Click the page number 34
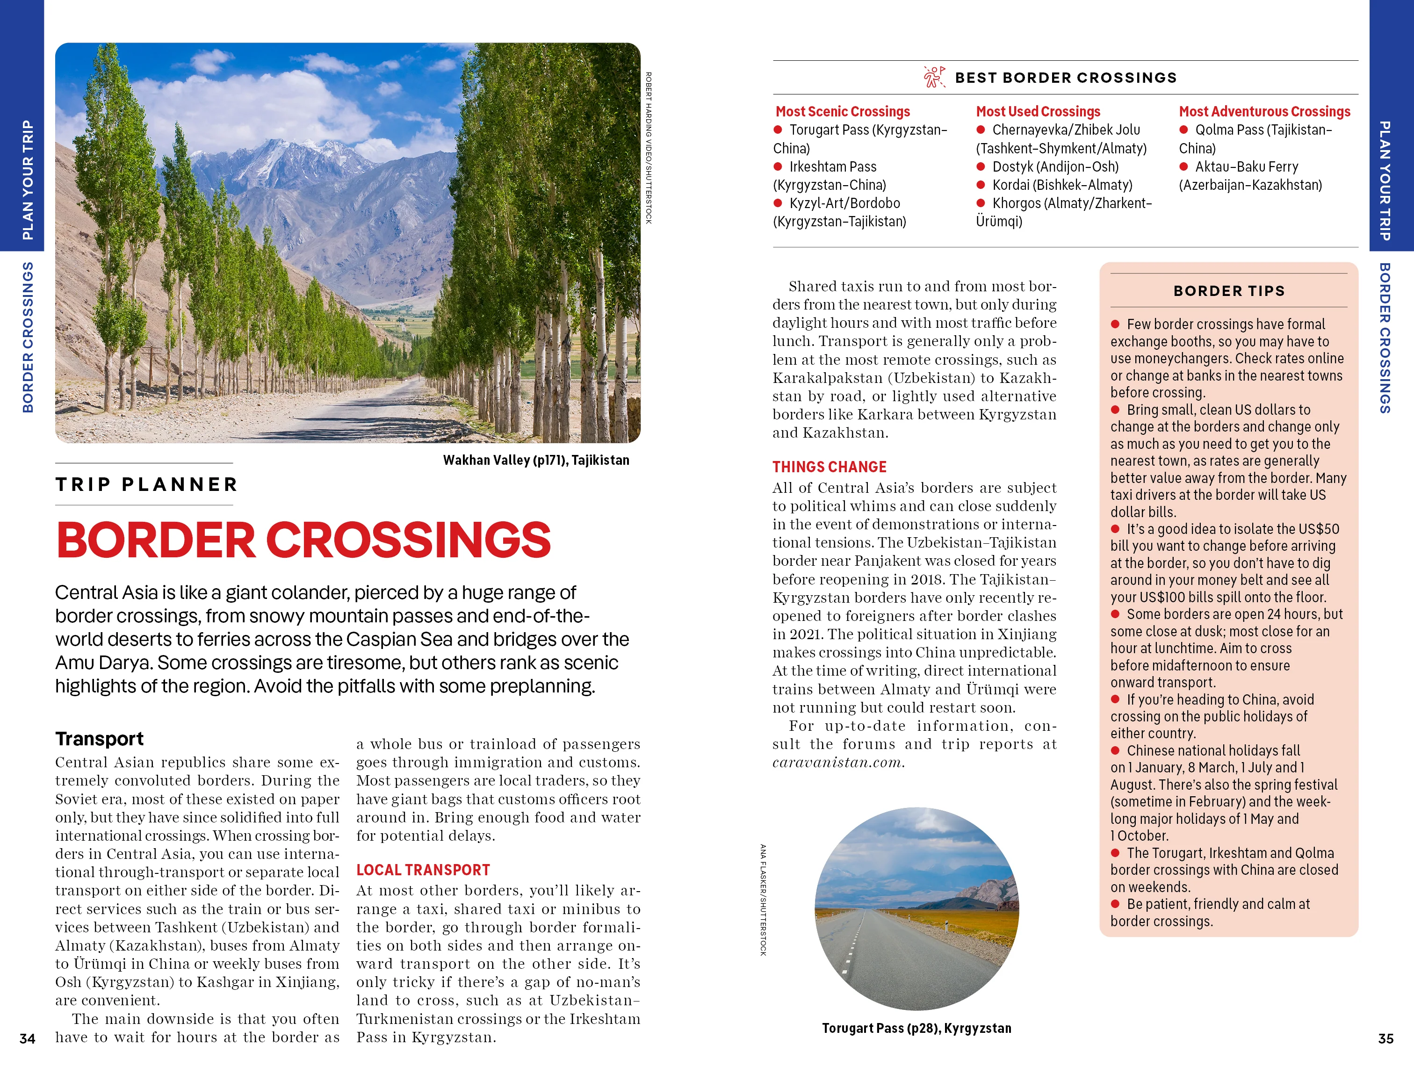pyautogui.click(x=27, y=1039)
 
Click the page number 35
pyautogui.click(x=1385, y=1039)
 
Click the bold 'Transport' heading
pyautogui.click(x=99, y=738)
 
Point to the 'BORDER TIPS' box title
pyautogui.click(x=1229, y=291)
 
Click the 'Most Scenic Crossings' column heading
pyautogui.click(x=842, y=111)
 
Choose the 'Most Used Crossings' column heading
pyautogui.click(x=1038, y=111)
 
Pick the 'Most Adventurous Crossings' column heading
pyautogui.click(x=1264, y=111)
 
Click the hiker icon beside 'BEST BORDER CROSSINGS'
pyautogui.click(x=934, y=77)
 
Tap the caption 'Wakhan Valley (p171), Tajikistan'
pyautogui.click(x=535, y=460)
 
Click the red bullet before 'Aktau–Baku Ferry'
pyautogui.click(x=1183, y=166)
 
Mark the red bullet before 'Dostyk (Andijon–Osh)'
pyautogui.click(x=981, y=166)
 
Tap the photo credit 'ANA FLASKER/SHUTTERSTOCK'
pyautogui.click(x=763, y=900)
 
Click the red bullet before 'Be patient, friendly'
pyautogui.click(x=1116, y=904)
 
